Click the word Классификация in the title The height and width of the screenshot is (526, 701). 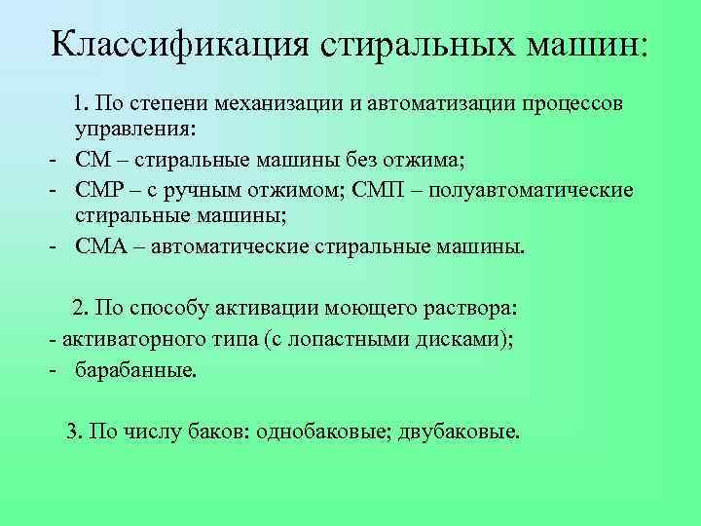pos(177,43)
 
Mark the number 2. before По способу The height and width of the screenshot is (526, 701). pos(81,308)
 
